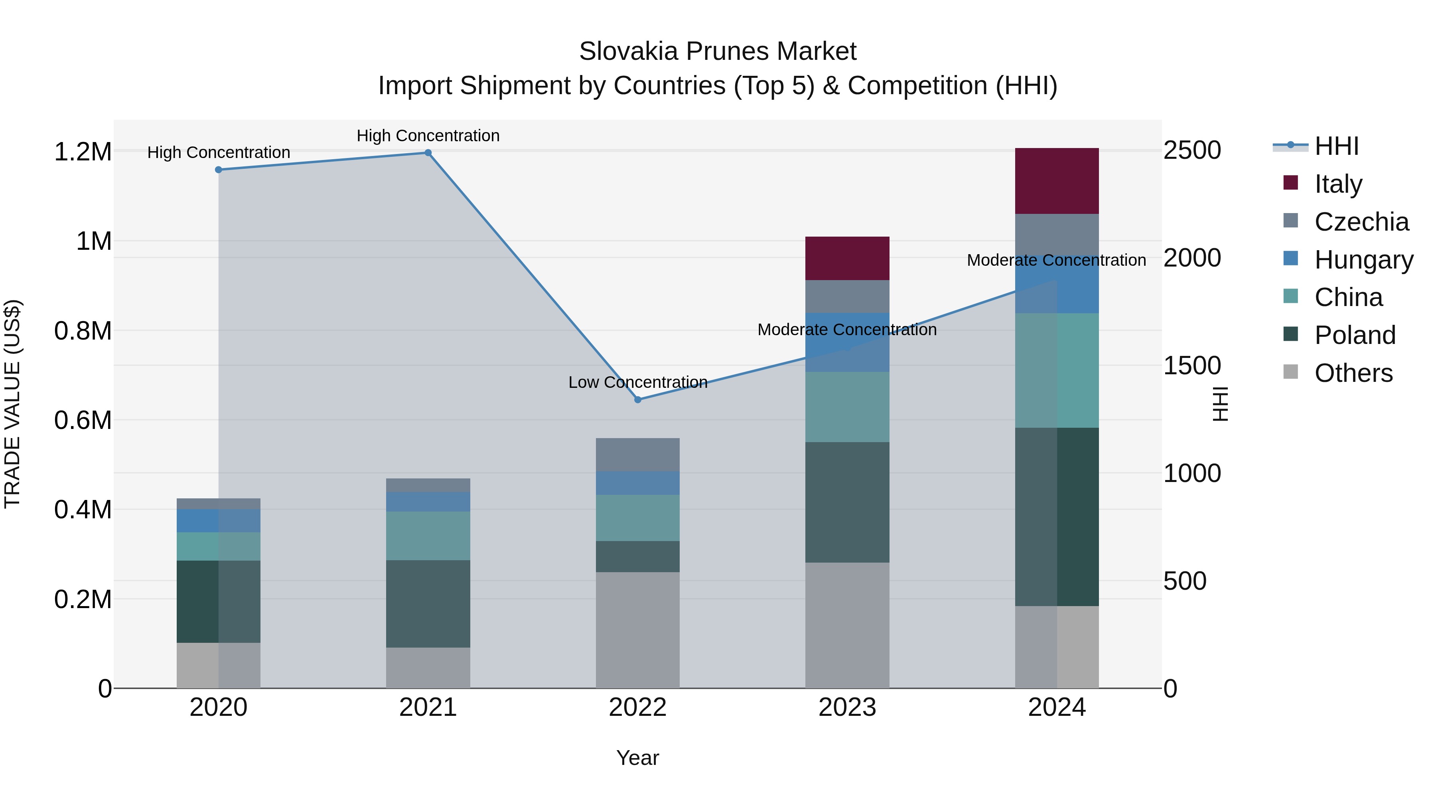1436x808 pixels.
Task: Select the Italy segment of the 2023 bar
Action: [x=847, y=258]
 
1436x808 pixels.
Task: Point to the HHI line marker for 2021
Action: [x=428, y=153]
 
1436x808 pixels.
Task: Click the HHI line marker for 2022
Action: [x=638, y=399]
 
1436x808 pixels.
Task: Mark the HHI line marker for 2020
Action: [x=219, y=170]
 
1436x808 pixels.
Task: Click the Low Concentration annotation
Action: [x=638, y=383]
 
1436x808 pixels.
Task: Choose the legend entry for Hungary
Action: [x=1363, y=259]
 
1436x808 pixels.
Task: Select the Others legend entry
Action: [x=1353, y=373]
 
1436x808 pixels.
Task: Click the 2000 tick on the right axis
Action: [x=1192, y=258]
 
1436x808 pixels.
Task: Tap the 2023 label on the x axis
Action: [x=847, y=707]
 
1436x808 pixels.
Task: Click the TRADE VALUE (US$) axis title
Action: [x=13, y=404]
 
